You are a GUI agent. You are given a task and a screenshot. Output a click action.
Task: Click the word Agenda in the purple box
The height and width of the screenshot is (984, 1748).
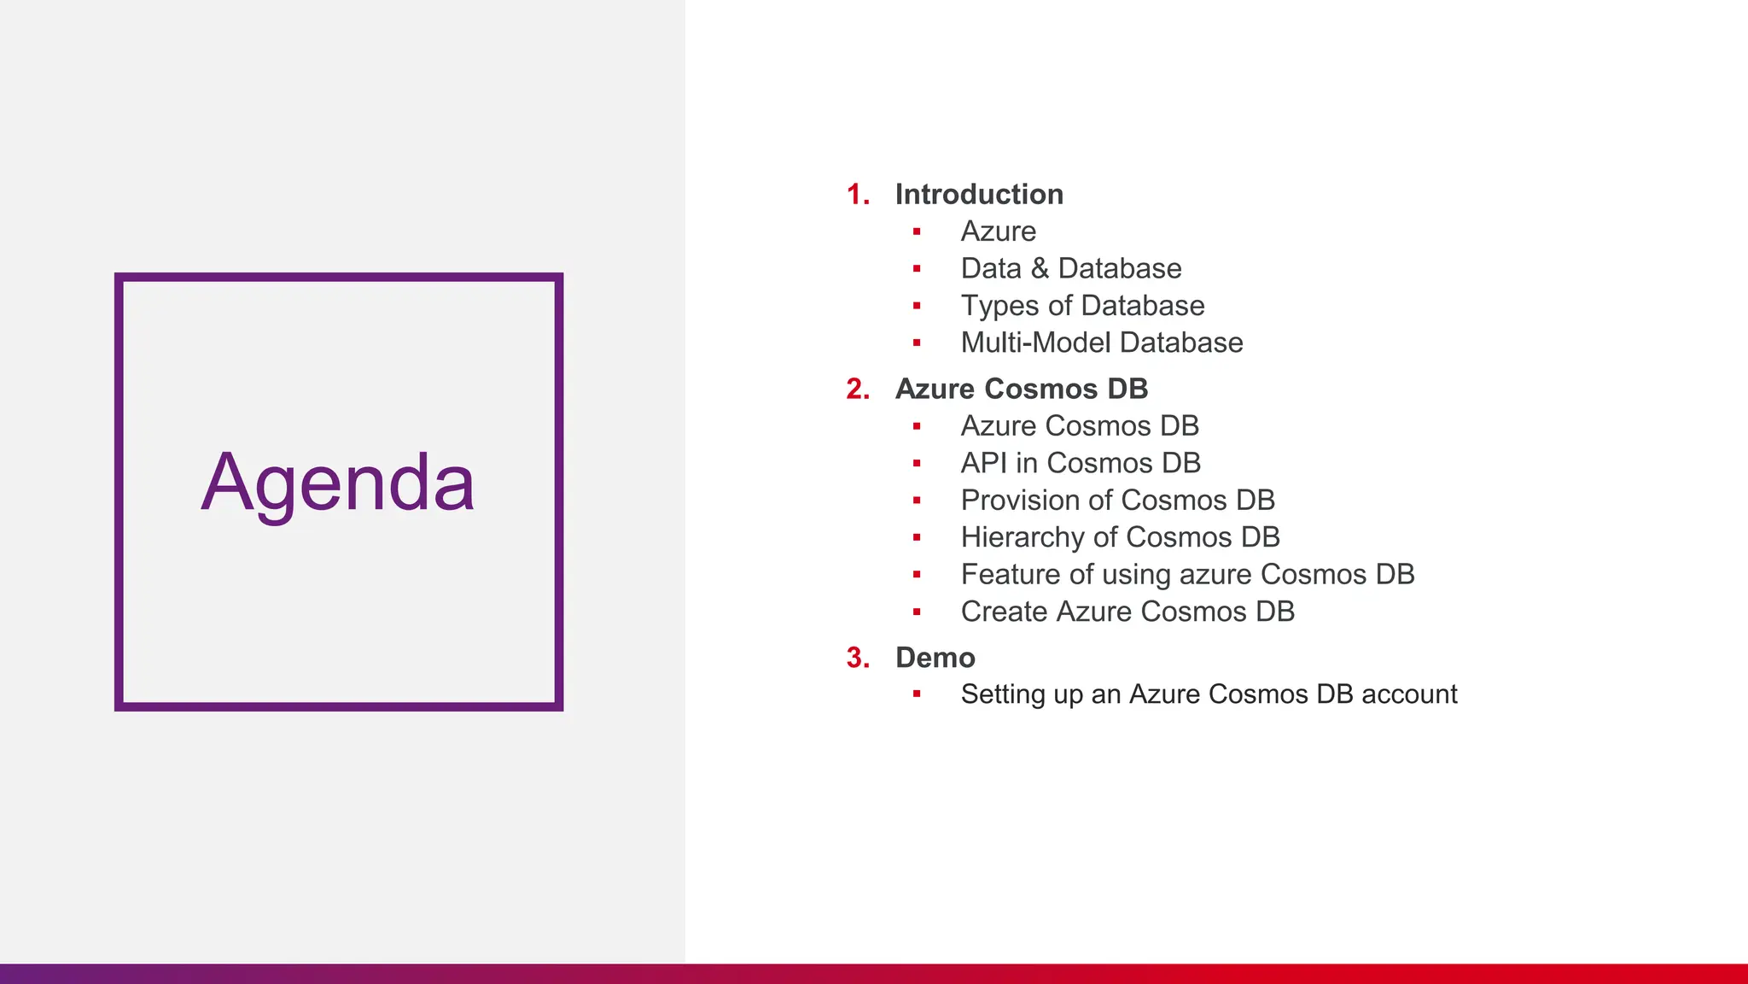(x=338, y=483)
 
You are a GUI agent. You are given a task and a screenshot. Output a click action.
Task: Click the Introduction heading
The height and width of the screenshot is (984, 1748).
(x=979, y=194)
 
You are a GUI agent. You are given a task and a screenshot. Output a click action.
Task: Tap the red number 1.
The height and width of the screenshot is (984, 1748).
(x=855, y=194)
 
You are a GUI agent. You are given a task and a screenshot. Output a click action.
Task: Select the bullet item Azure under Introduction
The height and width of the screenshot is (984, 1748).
(x=998, y=231)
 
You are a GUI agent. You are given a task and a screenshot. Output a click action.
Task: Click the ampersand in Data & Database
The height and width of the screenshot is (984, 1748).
(x=1039, y=268)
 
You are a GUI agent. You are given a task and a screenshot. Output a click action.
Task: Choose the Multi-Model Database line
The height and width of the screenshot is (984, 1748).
(x=1101, y=343)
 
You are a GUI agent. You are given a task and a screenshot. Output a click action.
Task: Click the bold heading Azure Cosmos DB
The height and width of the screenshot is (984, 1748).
(x=1021, y=389)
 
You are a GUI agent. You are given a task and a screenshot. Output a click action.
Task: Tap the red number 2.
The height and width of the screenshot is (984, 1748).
(x=856, y=389)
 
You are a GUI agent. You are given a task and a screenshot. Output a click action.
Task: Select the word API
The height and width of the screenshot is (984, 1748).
(x=983, y=463)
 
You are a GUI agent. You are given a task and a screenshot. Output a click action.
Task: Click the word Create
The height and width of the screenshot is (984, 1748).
(x=1004, y=612)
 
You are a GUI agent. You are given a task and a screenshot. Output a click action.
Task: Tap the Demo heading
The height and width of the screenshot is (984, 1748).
(x=935, y=658)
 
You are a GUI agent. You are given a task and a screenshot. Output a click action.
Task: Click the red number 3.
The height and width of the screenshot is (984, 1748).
(x=856, y=658)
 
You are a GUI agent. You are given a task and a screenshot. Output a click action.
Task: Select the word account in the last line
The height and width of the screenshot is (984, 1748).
(x=1409, y=694)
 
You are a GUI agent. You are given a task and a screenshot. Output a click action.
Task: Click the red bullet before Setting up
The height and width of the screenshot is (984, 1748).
(x=917, y=694)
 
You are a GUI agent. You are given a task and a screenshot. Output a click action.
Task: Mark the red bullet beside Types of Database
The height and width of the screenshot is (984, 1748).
(x=917, y=306)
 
